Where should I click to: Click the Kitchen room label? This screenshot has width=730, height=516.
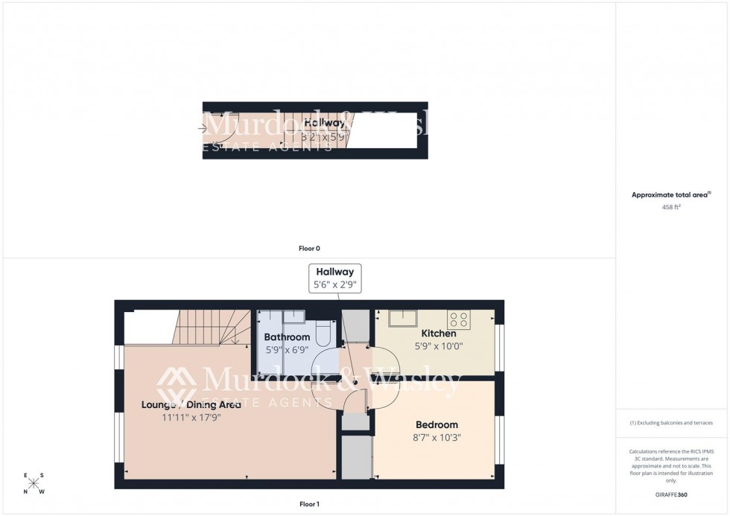pos(438,334)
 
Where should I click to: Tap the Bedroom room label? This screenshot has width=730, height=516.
pos(437,425)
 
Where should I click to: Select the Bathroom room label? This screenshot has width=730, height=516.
pos(287,337)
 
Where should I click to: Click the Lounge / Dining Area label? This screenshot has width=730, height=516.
pos(191,405)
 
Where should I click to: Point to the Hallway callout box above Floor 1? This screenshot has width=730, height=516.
pos(334,278)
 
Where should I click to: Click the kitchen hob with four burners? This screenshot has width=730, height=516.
pos(459,320)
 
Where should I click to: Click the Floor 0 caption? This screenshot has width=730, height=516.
pos(309,248)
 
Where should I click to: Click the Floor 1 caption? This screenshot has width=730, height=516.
pos(308,504)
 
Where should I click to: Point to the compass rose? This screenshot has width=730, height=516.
pos(34,483)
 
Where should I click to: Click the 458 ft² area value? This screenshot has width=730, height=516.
pos(671,208)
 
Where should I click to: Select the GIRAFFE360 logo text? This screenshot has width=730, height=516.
pos(671,494)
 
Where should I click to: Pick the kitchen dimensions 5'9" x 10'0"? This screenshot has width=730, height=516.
pos(438,346)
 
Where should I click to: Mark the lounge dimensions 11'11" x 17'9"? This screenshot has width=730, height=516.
pos(191,418)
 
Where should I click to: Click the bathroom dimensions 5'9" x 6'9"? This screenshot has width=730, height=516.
pos(287,350)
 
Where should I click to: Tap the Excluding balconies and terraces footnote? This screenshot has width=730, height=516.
pos(671,423)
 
